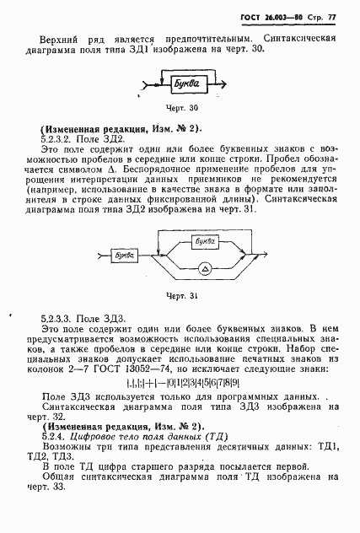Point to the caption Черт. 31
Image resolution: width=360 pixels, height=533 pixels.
coord(181,294)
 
